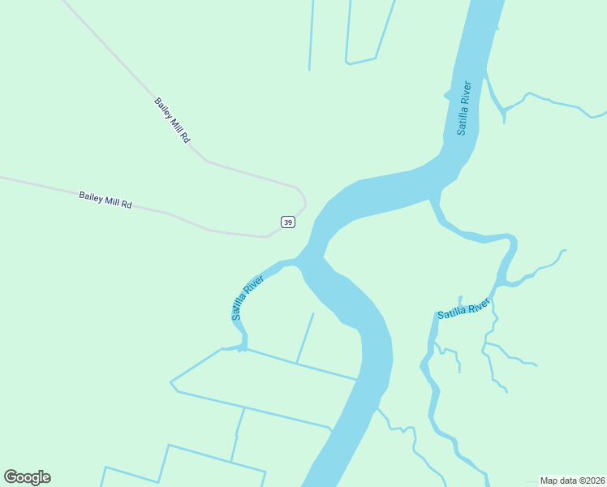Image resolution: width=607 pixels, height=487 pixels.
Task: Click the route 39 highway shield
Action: tap(287, 222)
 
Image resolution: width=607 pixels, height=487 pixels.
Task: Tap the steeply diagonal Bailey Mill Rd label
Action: tap(172, 121)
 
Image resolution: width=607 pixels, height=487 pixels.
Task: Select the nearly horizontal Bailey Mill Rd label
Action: tap(105, 200)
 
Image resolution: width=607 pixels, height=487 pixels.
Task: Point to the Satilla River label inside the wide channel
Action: tap(463, 107)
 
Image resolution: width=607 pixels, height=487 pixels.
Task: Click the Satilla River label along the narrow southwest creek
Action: tap(248, 297)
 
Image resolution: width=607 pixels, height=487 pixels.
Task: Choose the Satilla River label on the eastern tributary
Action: tap(464, 308)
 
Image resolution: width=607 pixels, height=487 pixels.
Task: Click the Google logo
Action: tap(27, 477)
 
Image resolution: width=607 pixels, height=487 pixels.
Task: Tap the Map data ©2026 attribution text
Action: tap(573, 480)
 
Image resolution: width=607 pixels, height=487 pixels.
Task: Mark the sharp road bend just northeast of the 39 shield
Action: tap(304, 200)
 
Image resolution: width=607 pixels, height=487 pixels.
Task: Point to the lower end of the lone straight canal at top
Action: tap(309, 69)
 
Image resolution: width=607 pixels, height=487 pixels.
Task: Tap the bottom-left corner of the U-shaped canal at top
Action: tap(347, 62)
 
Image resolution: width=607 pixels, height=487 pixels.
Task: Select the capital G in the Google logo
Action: tap(11, 477)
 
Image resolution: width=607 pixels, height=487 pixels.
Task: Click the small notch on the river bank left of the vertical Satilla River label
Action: tap(446, 95)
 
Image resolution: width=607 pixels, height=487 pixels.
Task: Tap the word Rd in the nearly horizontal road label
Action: tap(126, 205)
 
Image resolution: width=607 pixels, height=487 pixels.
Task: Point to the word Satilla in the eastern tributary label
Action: tap(451, 312)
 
